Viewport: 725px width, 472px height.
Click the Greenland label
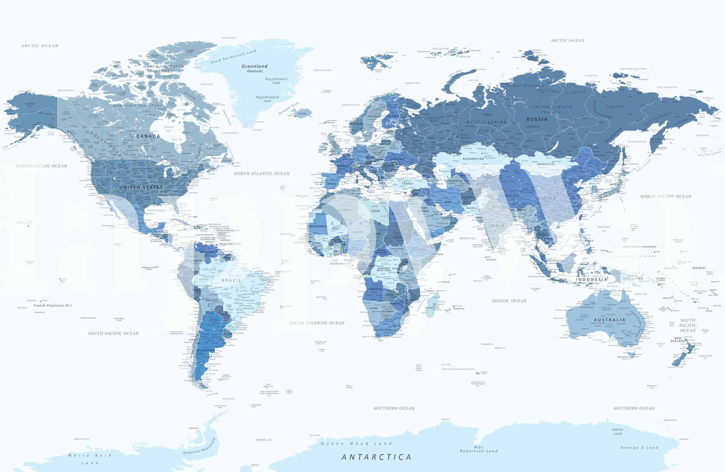[x=254, y=66]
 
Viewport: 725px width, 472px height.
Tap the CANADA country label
[x=148, y=136]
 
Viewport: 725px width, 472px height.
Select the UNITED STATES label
[x=141, y=187]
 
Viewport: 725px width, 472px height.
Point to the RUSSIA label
[x=537, y=119]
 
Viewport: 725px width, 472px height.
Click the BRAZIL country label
[x=232, y=281]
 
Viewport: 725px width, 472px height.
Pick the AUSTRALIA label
[x=610, y=320]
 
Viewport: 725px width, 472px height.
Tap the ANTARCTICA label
[x=376, y=457]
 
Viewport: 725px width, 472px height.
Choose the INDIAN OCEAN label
[x=509, y=301]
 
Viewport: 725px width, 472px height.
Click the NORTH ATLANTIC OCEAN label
[x=262, y=174]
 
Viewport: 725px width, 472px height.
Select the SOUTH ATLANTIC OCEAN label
[x=317, y=323]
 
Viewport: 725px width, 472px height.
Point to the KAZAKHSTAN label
[x=473, y=159]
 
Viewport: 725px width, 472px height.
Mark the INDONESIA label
[x=592, y=280]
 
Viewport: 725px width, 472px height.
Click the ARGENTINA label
[x=206, y=350]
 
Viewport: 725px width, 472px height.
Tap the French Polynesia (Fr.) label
[x=53, y=305]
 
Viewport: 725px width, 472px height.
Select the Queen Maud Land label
[x=356, y=444]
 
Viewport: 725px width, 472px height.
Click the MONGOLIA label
[x=546, y=164]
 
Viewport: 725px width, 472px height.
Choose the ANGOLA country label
[x=375, y=289]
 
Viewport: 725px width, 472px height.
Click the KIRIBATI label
[x=699, y=268]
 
